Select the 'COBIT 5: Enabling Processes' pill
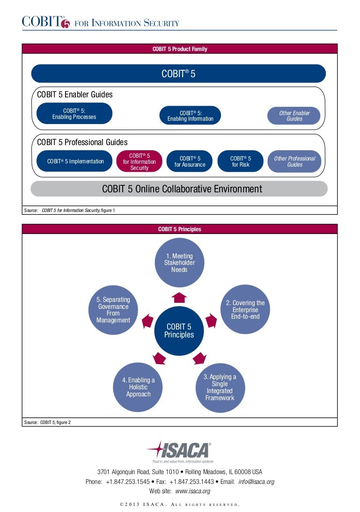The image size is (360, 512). (74, 114)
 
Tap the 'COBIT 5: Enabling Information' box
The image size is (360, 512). (190, 116)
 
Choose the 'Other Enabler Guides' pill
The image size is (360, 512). (294, 116)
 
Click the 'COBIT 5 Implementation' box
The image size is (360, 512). (75, 161)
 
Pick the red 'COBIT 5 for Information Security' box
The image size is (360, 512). (139, 161)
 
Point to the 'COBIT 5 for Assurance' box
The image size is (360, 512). (190, 161)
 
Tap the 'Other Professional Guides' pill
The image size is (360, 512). (294, 161)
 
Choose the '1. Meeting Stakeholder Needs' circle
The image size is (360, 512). (179, 263)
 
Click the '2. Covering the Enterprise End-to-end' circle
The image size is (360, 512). (245, 309)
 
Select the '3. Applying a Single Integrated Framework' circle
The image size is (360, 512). (220, 387)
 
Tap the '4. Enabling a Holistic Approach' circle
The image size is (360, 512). (138, 387)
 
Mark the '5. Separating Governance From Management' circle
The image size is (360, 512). (113, 310)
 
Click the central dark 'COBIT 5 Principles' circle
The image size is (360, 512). (179, 330)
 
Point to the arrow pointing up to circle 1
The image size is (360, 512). (179, 297)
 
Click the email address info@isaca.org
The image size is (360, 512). (256, 482)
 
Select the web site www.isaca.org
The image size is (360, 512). (192, 491)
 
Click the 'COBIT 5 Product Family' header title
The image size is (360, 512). (179, 49)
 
